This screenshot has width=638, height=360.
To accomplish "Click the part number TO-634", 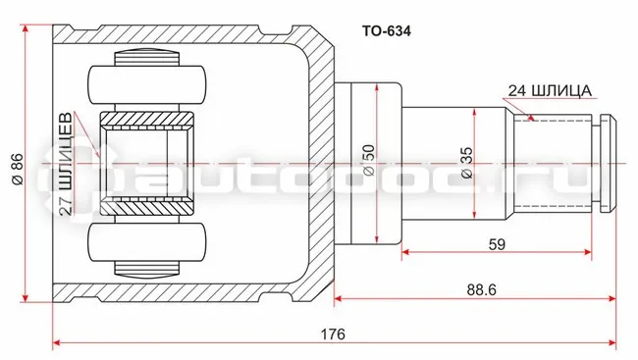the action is [387, 31].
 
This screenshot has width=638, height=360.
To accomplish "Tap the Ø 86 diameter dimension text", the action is [18, 170].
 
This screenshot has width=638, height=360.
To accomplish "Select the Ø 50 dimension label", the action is [369, 160].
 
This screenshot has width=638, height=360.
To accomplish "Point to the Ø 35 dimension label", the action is [466, 163].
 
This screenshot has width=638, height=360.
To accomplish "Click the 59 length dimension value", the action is [497, 244].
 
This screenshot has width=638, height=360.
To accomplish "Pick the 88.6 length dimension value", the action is [482, 290].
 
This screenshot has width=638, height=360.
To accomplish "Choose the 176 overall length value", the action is [333, 334].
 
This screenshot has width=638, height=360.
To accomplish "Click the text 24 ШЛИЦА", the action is [550, 90].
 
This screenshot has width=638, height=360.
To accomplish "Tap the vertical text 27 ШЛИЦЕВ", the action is [66, 164].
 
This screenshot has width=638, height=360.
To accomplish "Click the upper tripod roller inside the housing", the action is [147, 84].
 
